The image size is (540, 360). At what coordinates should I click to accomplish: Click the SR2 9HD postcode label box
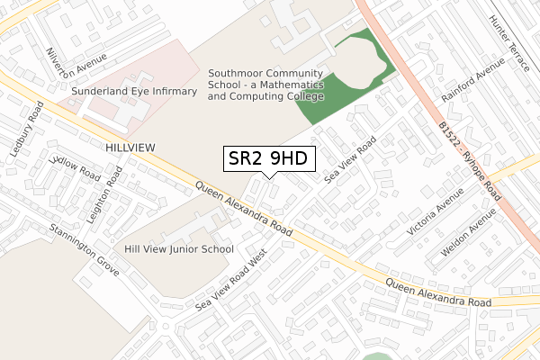[x=269, y=159]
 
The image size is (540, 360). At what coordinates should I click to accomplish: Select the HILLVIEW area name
[x=130, y=146]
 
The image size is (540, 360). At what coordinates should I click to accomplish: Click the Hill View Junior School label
[x=179, y=249]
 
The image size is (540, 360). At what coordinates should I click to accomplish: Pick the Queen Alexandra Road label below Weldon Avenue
[x=438, y=293]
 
